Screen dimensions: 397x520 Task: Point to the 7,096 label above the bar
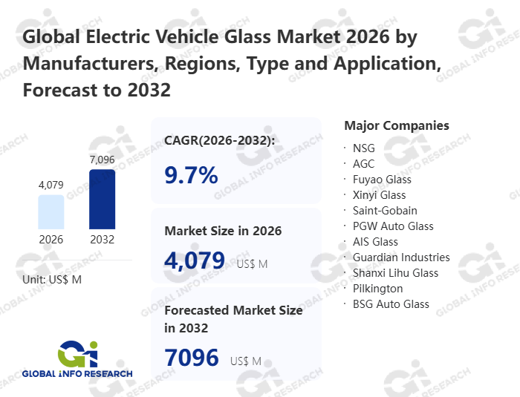click(102, 160)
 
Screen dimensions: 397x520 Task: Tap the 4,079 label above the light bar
click(51, 186)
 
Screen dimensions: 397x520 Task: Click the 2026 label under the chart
click(51, 240)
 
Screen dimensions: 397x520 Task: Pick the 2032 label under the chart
click(102, 240)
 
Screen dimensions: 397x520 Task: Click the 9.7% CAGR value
click(191, 176)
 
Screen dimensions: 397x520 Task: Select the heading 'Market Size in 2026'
click(223, 231)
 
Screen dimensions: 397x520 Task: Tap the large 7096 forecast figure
click(192, 358)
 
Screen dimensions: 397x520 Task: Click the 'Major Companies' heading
click(397, 125)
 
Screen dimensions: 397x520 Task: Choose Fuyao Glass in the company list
click(382, 179)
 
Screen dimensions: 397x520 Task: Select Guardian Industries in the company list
click(401, 257)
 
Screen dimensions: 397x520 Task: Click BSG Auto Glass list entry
click(391, 304)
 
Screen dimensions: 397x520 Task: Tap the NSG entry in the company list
click(364, 148)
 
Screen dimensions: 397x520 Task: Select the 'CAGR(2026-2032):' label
click(219, 140)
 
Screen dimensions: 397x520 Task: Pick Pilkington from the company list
click(378, 288)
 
